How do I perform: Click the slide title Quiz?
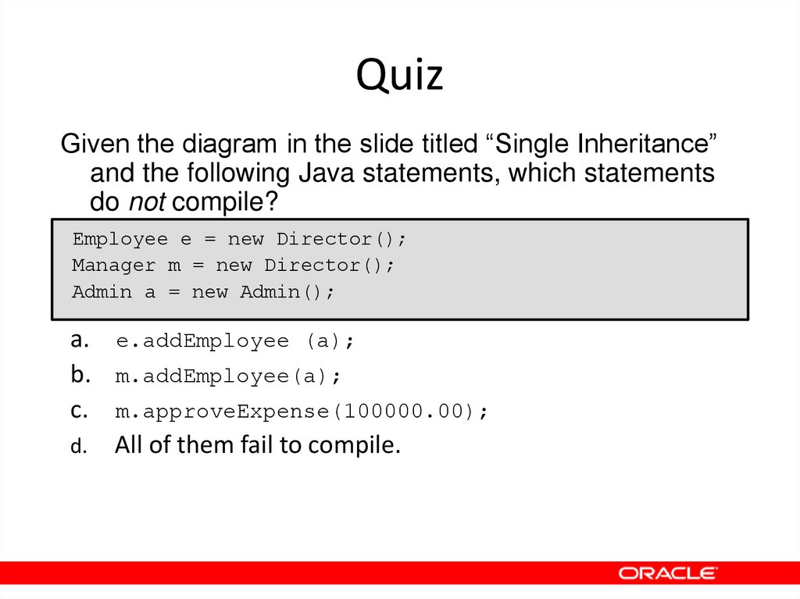400,76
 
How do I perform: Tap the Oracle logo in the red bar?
668,573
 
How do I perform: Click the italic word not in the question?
147,202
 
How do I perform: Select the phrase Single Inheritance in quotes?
606,144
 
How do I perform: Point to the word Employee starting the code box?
120,239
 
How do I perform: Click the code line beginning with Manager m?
234,266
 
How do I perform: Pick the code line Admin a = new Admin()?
203,292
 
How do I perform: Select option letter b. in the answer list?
78,375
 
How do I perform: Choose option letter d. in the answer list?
77,447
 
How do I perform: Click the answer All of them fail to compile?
258,445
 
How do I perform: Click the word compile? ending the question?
225,202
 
